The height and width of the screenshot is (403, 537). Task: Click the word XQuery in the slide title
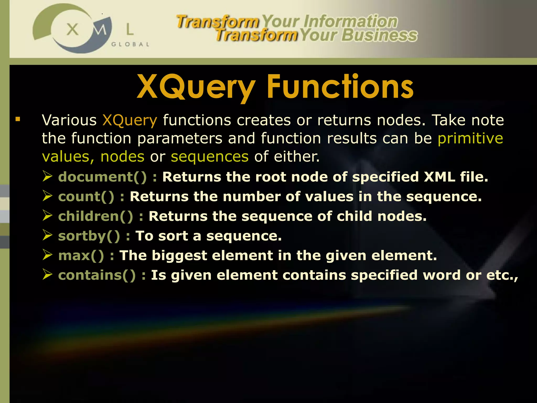tap(196, 87)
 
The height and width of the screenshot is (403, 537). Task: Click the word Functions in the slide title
tap(340, 87)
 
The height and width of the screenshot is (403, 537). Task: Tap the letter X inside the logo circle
tap(72, 29)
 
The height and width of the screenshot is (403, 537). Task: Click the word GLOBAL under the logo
tap(130, 44)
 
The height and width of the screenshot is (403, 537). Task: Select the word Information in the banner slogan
tap(350, 21)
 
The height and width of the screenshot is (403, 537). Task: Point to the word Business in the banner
tap(379, 35)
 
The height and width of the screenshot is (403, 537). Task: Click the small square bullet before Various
tap(18, 120)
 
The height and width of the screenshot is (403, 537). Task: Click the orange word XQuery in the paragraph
tap(130, 120)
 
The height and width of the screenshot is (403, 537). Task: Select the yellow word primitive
tap(470, 138)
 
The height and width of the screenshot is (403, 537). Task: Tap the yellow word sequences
tap(210, 157)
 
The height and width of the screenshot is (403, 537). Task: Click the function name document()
tap(103, 177)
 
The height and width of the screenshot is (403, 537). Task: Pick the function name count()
tap(86, 197)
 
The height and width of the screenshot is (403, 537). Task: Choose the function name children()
tap(96, 216)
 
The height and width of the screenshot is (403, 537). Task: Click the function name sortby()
tap(89, 236)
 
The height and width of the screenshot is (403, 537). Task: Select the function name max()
tap(81, 256)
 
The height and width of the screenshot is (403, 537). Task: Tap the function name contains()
tap(97, 275)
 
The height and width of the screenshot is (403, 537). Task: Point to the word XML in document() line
tap(439, 177)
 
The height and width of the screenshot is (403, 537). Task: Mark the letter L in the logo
tap(130, 29)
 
